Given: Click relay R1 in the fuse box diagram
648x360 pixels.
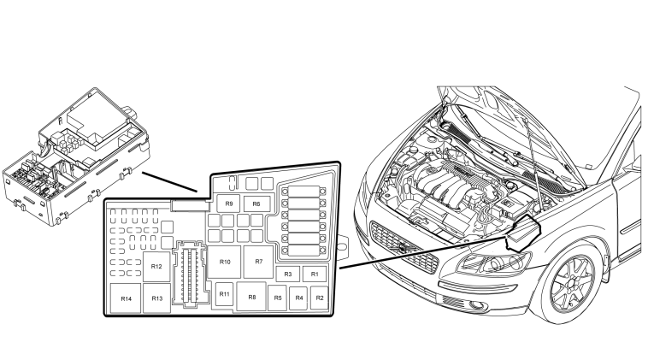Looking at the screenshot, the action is [x=315, y=274].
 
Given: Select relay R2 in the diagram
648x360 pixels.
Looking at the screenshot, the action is [x=320, y=298].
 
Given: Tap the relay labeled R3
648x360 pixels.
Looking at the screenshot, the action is [x=288, y=274].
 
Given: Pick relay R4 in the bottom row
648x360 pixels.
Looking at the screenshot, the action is [x=299, y=298].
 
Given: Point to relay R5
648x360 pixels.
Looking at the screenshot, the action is [x=277, y=298].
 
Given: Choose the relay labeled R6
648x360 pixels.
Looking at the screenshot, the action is [x=256, y=204].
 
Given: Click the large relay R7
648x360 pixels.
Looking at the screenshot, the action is [x=259, y=262].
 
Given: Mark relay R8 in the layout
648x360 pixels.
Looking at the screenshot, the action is [x=251, y=297].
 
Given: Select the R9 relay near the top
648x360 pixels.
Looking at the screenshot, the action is [x=229, y=204].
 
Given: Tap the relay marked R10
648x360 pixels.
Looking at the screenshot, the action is [x=224, y=262].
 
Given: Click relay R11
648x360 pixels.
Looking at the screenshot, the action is [x=224, y=294].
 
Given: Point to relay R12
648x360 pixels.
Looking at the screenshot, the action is [x=156, y=267].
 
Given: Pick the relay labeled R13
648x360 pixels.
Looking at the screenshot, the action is [x=157, y=298].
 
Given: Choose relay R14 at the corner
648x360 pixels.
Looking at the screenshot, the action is [x=126, y=298].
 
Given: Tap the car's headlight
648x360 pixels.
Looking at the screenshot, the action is [x=493, y=263].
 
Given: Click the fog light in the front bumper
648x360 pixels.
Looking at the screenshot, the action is [x=478, y=305].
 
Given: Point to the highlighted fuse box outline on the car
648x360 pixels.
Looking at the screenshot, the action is [x=524, y=233].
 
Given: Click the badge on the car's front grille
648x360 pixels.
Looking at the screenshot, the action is [x=403, y=249].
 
